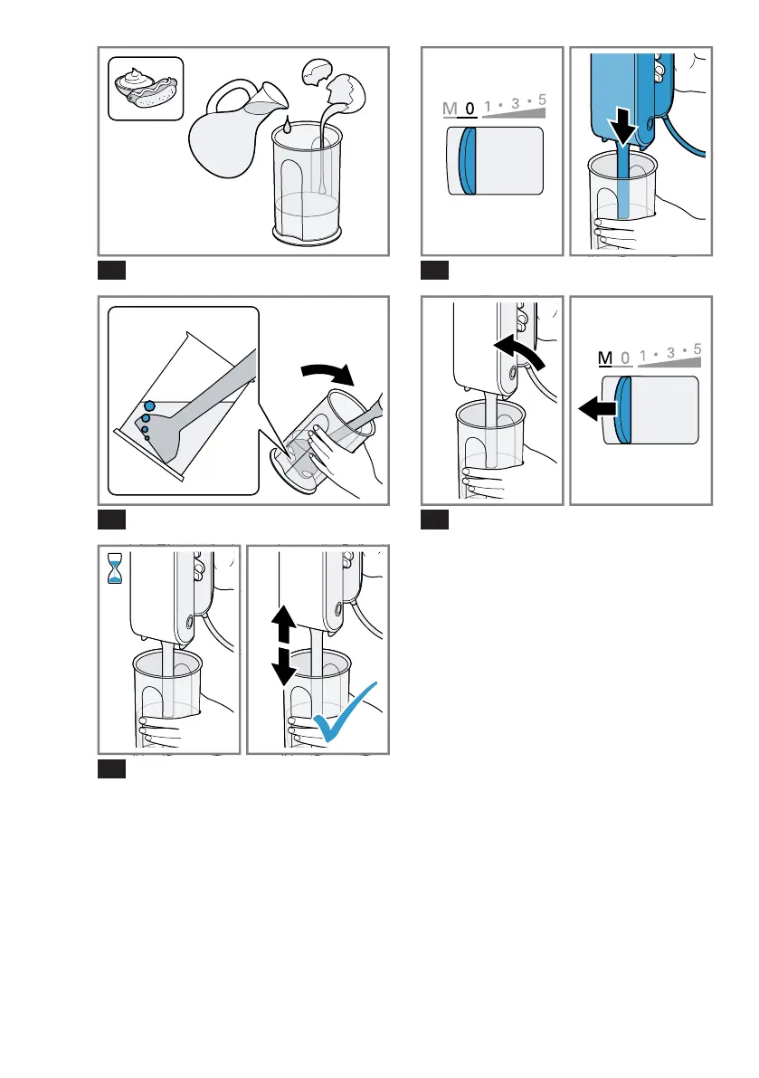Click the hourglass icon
(115, 567)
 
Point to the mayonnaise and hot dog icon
(146, 88)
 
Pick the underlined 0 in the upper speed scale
(470, 110)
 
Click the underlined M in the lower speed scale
(604, 359)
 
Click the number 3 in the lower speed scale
(669, 353)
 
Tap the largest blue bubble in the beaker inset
(150, 406)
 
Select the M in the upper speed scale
(450, 110)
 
